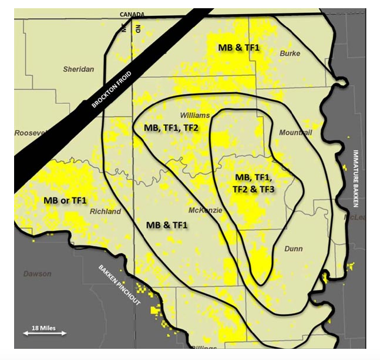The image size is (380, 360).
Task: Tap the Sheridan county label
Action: (x=78, y=69)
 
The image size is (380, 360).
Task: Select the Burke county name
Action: (x=290, y=53)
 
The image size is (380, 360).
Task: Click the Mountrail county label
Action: (x=295, y=133)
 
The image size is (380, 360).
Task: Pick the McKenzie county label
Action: (x=205, y=210)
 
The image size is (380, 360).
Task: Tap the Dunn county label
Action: (x=293, y=248)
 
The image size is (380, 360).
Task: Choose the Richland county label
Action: (x=106, y=211)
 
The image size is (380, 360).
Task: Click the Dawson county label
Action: (x=38, y=274)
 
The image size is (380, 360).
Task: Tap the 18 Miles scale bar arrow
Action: (x=44, y=333)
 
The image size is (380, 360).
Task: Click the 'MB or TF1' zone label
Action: (x=65, y=201)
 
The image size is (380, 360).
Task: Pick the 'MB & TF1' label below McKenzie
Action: (x=166, y=225)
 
